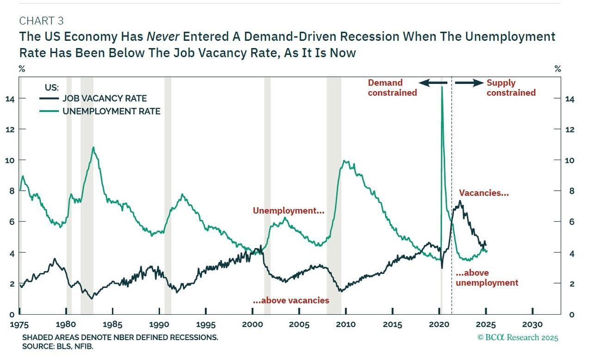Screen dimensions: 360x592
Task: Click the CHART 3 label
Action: pos(41,21)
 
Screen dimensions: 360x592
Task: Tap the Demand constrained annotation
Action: pos(392,87)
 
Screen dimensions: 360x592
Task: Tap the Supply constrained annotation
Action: pos(511,87)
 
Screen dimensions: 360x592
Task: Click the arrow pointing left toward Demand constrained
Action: pos(433,83)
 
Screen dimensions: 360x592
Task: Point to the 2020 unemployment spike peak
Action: pos(442,87)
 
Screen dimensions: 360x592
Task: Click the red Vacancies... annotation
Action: pos(484,193)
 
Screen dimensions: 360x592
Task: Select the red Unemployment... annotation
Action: pos(288,211)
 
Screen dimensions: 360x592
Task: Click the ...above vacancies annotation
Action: pos(291,300)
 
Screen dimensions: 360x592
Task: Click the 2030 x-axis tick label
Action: pos(533,324)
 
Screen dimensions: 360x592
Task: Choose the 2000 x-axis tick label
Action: pos(253,324)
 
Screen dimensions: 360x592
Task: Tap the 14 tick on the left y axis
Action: pos(10,99)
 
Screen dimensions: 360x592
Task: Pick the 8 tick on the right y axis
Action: pos(558,191)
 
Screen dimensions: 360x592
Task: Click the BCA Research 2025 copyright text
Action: pos(518,337)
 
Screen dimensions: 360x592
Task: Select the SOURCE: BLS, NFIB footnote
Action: pos(58,346)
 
